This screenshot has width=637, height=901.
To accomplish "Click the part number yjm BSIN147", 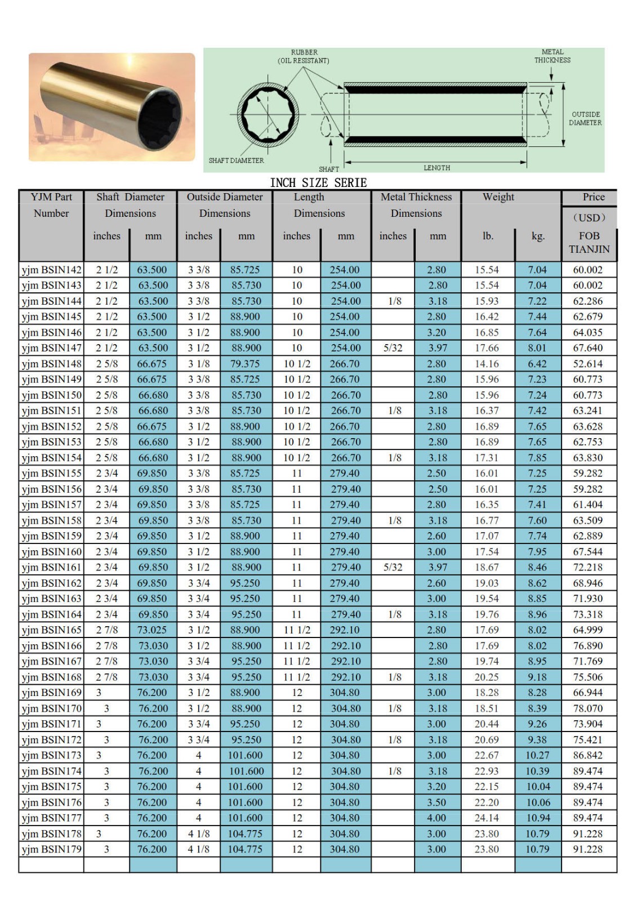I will [x=51, y=348].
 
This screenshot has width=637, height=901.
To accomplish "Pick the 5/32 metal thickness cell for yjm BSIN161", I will [x=393, y=568].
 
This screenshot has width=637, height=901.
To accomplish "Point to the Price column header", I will [x=593, y=197].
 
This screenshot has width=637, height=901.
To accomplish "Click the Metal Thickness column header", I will [x=416, y=197].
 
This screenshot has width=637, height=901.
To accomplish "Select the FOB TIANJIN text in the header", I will [x=589, y=243].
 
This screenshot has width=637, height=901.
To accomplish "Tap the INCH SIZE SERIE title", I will [x=318, y=182].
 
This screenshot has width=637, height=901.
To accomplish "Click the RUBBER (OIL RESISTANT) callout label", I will [x=304, y=56].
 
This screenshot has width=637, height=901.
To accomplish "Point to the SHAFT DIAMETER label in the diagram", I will [x=236, y=160].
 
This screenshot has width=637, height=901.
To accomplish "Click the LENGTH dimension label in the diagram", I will [x=436, y=168].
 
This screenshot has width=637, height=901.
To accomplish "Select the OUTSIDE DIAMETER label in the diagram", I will [x=585, y=118].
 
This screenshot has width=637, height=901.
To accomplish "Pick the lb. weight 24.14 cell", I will [x=487, y=818].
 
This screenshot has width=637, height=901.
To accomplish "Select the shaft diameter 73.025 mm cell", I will [x=152, y=630].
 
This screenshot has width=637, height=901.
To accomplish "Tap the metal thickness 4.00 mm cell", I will [x=436, y=818].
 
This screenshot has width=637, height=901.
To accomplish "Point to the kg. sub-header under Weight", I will [x=538, y=237].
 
